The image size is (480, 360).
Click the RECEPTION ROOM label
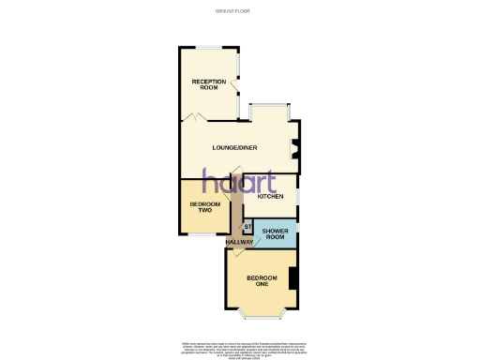coord(208,84)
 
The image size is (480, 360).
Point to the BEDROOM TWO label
coord(203,207)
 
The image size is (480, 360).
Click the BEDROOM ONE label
coord(262,281)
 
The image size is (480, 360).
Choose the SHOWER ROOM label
coord(274,233)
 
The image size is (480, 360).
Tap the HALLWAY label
coord(239,243)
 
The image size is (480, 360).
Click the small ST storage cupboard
coord(247,227)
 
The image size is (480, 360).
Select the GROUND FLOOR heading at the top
coord(239,11)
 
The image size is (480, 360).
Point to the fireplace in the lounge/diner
coord(295,148)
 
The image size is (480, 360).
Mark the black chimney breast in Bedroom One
coord(292,278)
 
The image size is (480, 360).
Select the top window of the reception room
coord(208,46)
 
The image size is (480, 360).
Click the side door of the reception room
coord(236,88)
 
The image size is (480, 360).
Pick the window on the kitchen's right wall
coord(297,197)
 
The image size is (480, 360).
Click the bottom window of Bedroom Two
coord(202,235)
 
